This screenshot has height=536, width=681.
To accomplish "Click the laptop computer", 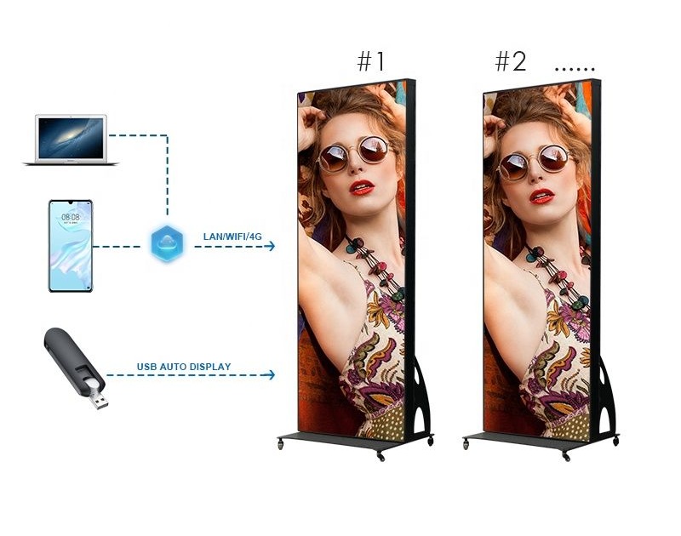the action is click(71, 140).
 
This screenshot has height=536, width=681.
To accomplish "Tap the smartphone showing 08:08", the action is click(71, 246).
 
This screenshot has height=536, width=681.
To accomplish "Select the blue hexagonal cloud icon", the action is click(167, 243).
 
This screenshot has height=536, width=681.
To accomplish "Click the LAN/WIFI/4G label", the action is click(232, 237).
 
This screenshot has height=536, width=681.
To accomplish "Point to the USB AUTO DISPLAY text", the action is click(184, 367).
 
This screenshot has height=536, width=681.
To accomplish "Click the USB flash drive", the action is click(76, 368).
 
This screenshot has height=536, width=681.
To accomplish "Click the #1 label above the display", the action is click(371, 61).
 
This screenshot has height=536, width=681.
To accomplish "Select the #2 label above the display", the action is click(510, 61).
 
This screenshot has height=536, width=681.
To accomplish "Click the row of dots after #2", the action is click(575, 69).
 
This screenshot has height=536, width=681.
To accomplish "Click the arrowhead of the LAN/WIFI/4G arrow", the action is click(271, 246).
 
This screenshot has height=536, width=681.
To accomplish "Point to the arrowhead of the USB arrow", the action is click(271, 374).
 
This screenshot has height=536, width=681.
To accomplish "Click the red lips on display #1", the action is click(362, 187).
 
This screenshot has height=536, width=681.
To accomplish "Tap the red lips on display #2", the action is click(541, 196).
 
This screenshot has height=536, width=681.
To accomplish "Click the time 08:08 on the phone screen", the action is click(71, 217).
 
